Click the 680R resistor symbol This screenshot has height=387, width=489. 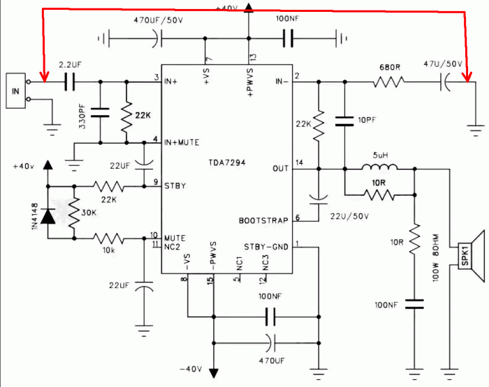[x=388, y=83]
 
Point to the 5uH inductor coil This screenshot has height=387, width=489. [x=379, y=167]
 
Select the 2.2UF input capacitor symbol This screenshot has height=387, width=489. [x=69, y=83]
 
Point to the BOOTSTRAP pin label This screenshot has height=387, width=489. [x=263, y=220]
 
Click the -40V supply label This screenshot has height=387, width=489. [x=191, y=368]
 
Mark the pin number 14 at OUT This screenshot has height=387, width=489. [x=300, y=162]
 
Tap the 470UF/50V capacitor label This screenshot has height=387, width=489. [x=159, y=20]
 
